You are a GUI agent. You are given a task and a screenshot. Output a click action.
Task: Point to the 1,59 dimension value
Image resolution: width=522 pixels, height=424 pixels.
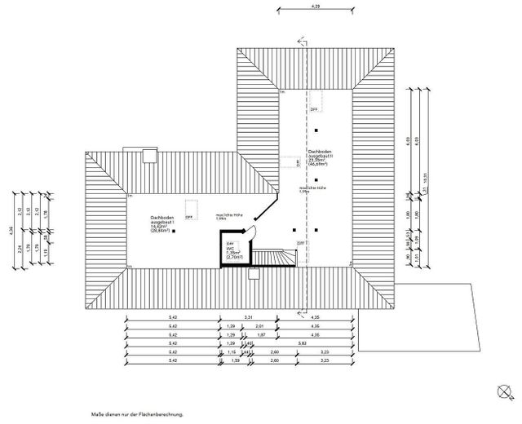(x=235, y=360)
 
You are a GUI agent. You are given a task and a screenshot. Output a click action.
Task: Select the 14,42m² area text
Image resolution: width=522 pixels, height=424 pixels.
(x=158, y=227)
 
